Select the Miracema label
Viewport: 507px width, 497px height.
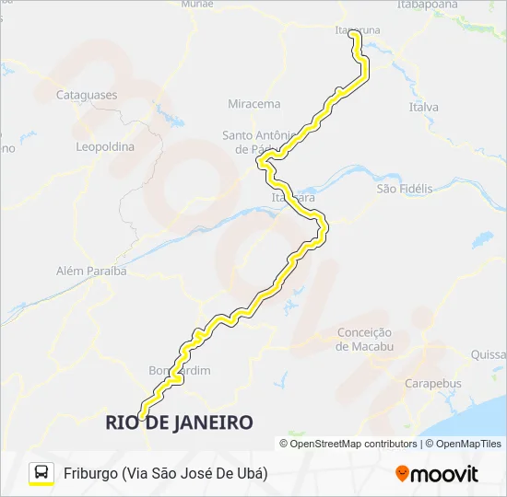(x=253, y=104)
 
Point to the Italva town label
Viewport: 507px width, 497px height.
(x=424, y=108)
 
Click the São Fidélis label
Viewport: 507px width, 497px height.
(x=404, y=189)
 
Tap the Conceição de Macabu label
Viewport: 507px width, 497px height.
(x=364, y=339)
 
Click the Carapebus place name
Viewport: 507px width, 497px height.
(x=433, y=383)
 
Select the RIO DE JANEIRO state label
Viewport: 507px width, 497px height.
(x=179, y=422)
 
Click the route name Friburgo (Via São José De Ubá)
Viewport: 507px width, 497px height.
(x=166, y=473)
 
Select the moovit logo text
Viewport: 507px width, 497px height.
(x=445, y=474)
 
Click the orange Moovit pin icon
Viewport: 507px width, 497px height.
(x=402, y=473)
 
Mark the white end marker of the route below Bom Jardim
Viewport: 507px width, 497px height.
(x=142, y=415)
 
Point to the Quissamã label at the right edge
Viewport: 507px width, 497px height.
(x=489, y=354)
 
